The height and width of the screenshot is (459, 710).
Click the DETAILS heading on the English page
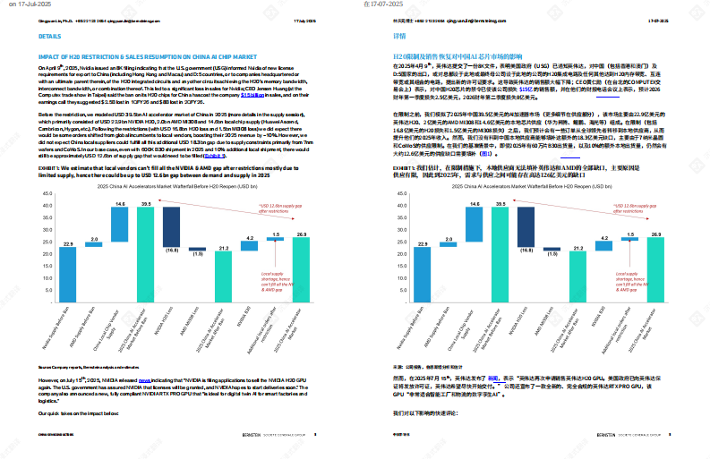(x=50, y=37)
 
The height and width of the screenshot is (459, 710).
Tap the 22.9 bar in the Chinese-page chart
(x=422, y=260)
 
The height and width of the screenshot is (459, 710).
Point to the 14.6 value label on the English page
(x=120, y=204)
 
